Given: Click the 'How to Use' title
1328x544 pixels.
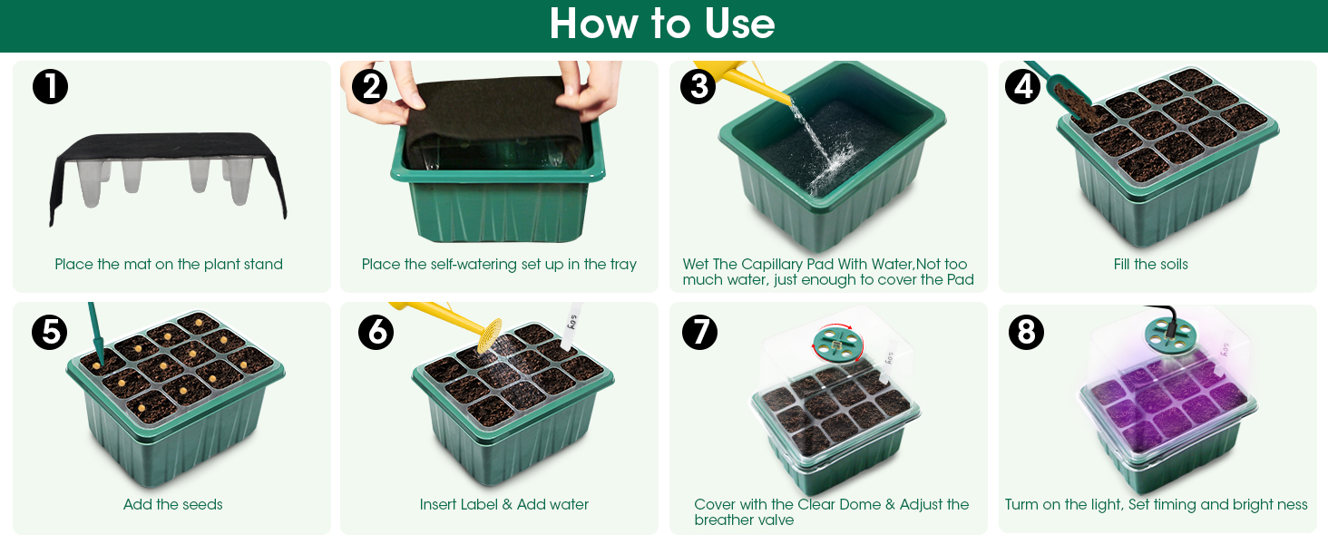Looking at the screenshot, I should [x=662, y=24].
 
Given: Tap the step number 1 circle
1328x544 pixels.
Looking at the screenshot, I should [x=50, y=86].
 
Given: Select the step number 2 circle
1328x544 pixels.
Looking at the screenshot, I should [x=369, y=86].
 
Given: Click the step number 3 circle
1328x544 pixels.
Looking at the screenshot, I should [x=698, y=86].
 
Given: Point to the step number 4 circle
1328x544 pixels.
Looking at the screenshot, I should [x=1022, y=86].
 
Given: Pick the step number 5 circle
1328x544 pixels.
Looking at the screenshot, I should [x=49, y=332].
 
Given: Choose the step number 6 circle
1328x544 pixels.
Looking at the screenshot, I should [x=376, y=332].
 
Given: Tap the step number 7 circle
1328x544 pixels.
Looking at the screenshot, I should [x=699, y=332].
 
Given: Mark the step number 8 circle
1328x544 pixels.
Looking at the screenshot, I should [x=1026, y=332].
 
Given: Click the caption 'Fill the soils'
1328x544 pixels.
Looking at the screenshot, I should [x=1150, y=265].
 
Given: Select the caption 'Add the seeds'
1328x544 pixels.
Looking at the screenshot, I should [x=172, y=505].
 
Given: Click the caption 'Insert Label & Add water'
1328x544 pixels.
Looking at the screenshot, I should [x=504, y=505].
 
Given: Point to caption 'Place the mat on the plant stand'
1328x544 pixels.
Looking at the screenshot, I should [x=169, y=265].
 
